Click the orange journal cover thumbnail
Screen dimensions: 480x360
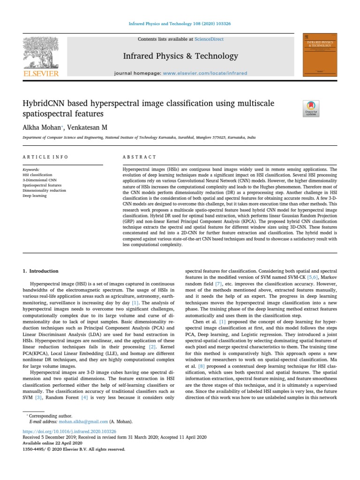[321, 54]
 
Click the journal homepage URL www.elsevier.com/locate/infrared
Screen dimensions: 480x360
[205, 74]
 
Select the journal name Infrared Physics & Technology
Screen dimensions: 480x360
[180, 56]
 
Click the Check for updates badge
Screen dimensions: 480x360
[311, 108]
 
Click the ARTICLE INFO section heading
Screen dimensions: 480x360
[45, 157]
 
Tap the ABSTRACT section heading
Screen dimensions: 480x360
[139, 157]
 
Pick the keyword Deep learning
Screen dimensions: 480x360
[35, 196]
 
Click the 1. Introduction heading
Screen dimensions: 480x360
[41, 271]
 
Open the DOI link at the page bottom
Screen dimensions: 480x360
[69, 431]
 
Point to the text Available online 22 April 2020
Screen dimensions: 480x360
[52, 443]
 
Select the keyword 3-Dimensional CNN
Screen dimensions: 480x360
[39, 180]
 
